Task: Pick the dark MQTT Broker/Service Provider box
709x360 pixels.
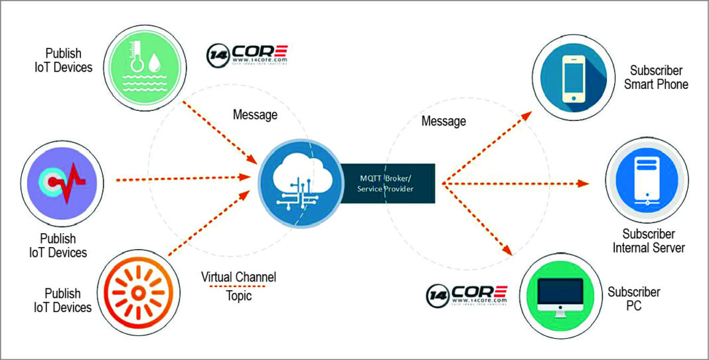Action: coord(388,183)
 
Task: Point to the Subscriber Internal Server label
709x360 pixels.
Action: coord(649,241)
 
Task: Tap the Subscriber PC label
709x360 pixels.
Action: coord(634,299)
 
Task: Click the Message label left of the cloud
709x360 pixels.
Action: coord(255,115)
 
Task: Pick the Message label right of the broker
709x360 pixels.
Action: coord(443,121)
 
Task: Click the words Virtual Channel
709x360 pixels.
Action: coord(238,276)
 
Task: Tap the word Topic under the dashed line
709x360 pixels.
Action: coord(238,296)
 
